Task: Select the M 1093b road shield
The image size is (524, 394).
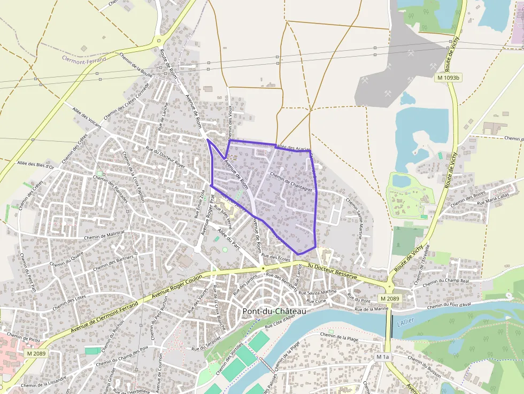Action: point(449,78)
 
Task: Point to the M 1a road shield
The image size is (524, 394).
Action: point(382,357)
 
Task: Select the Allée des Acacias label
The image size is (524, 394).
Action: point(294,147)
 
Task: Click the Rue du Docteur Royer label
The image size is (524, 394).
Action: point(166,159)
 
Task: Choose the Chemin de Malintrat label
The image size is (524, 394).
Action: point(105,233)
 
